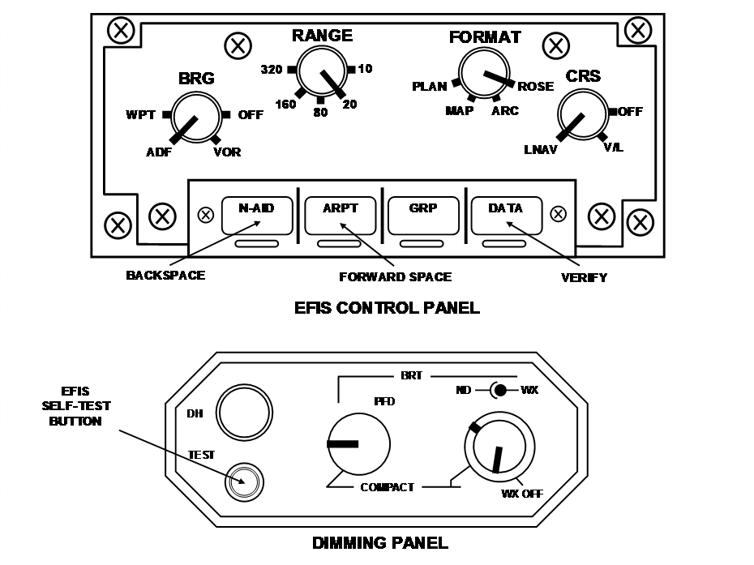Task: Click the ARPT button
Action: (341, 214)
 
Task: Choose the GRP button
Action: (423, 214)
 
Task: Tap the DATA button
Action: (506, 214)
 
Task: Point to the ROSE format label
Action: (535, 87)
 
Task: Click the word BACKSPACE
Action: (165, 276)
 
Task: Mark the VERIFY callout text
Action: (584, 277)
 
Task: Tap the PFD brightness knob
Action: (358, 443)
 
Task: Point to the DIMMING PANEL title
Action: (379, 543)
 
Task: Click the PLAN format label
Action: (429, 87)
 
